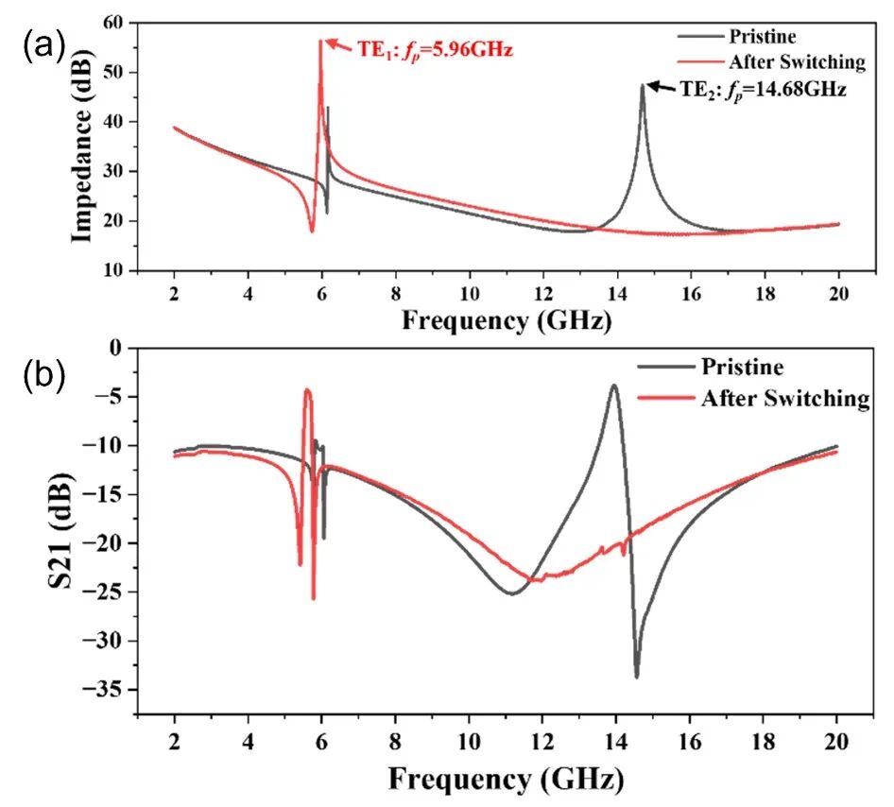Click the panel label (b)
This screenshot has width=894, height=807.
[43, 375]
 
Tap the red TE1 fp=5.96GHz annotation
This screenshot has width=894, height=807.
[434, 49]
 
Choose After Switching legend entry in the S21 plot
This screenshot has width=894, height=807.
[784, 398]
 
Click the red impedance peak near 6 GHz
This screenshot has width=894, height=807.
[320, 42]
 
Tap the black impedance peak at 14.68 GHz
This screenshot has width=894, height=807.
[643, 86]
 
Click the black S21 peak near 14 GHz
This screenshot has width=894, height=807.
[614, 386]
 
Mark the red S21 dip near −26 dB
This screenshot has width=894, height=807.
[313, 598]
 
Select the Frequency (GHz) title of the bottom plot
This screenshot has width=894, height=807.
[507, 779]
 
